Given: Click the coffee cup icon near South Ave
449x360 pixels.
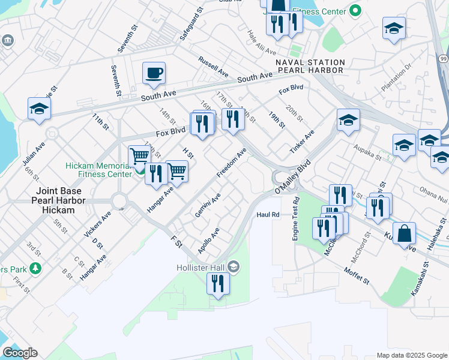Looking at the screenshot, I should [154, 73].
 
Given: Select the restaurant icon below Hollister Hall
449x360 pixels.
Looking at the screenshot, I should [218, 283].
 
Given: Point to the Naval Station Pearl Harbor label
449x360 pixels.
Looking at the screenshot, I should [310, 67].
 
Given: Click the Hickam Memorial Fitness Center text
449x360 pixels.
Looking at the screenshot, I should [98, 170].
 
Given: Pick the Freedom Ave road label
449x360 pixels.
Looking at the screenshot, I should [232, 163].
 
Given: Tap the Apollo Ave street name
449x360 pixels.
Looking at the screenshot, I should [209, 240].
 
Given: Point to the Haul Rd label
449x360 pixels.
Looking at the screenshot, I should [268, 214].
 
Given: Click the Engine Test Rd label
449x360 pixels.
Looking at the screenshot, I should [295, 218].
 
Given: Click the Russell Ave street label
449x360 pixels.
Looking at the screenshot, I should [214, 67].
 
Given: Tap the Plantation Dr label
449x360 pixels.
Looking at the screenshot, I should [396, 77].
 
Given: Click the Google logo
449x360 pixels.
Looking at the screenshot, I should [20, 353].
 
